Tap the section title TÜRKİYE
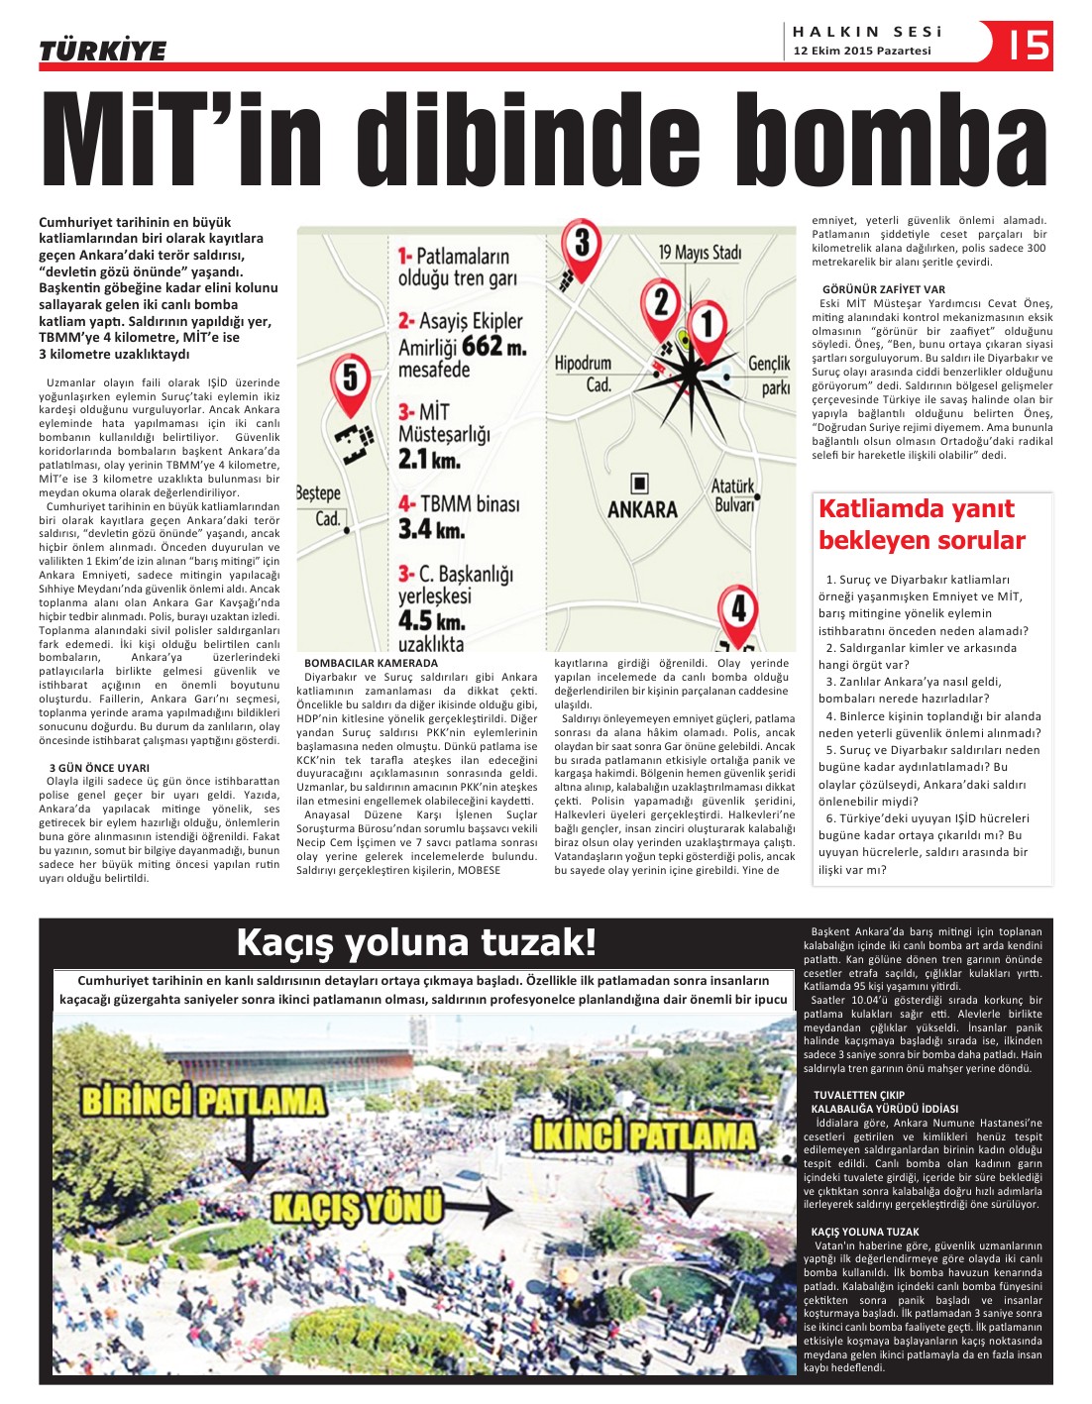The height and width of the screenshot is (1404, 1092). (x=102, y=51)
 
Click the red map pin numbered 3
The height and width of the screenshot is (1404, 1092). (x=582, y=247)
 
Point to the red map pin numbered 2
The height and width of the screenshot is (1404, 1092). (x=661, y=306)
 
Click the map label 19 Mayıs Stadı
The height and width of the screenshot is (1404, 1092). (x=700, y=253)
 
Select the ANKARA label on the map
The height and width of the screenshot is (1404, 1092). (x=642, y=509)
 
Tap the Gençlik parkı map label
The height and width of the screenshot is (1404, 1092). (x=769, y=376)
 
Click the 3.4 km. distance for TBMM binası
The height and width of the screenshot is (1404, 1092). (x=431, y=529)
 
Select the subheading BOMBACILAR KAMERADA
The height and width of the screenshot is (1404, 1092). (x=371, y=663)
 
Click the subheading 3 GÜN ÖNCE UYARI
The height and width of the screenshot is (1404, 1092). (x=99, y=767)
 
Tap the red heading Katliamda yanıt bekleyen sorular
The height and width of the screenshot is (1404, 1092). (x=922, y=524)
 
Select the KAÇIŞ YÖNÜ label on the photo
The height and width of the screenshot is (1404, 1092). (x=357, y=1206)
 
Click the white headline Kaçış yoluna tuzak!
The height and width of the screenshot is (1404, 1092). (x=416, y=942)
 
